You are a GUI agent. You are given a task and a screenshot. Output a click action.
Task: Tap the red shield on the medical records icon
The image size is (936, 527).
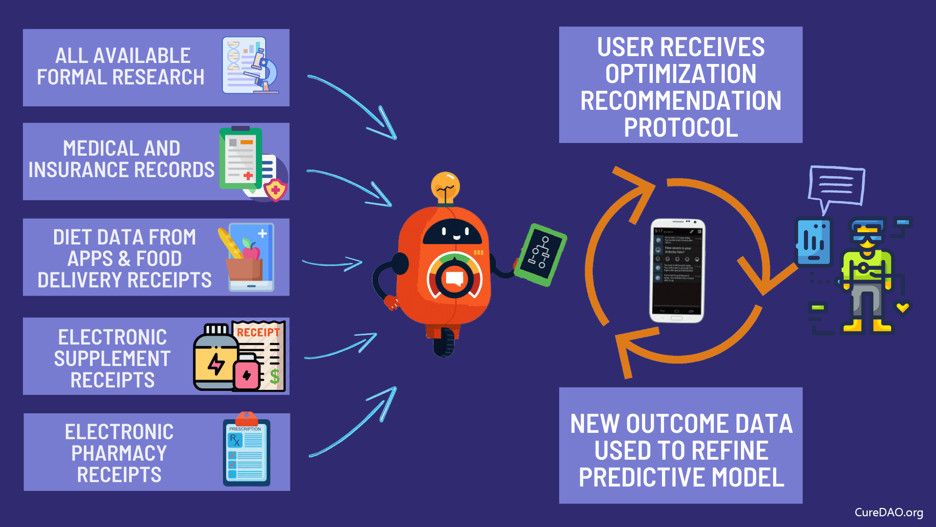point(275,189)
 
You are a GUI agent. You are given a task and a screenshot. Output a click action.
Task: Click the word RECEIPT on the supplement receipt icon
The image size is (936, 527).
point(258,332)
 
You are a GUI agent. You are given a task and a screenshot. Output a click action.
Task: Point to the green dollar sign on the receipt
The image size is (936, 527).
point(274,376)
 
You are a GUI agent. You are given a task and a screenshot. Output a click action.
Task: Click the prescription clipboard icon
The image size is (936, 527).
point(246,452)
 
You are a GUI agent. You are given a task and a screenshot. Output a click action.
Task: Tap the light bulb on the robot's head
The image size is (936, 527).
point(445,188)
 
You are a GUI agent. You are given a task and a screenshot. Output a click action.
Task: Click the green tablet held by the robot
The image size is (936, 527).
point(540,254)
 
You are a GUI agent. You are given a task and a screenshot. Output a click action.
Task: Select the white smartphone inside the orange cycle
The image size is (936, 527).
point(678,271)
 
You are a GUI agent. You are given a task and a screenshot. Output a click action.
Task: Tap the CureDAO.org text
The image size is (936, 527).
point(888,512)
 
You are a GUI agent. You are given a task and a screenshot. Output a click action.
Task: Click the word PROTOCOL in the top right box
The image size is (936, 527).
point(681,128)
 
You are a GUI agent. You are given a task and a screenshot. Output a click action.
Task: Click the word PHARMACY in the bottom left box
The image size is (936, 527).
point(119,453)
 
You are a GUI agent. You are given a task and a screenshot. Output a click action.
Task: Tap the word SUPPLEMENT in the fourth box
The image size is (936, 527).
point(112,359)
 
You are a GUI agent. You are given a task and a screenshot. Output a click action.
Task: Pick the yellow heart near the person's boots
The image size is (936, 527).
point(902,307)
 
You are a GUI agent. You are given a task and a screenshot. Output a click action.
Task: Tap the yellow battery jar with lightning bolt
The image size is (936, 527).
point(215,363)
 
